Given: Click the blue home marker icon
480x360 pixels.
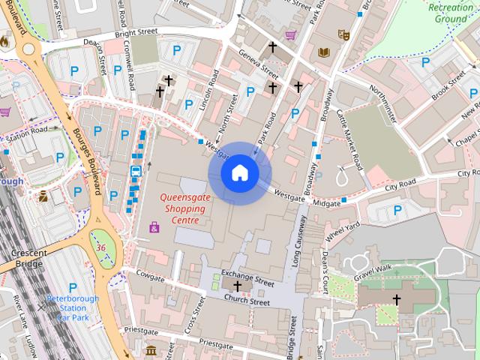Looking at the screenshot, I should coord(239,173).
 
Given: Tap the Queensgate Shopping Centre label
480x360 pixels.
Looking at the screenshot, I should coord(179,209).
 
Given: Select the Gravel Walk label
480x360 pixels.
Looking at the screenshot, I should coord(373,268).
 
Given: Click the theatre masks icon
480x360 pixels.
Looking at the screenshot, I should coord(344,34).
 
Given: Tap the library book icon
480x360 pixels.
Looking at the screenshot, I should coord(324,52).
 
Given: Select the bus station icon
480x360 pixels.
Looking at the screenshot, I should coord(136,171).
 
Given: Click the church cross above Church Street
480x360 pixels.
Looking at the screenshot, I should coord(238,286).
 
